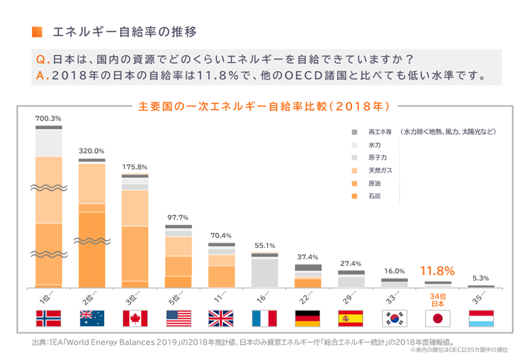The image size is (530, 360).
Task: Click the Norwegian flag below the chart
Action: coord(49,319)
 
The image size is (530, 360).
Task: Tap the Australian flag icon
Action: coord(92,319)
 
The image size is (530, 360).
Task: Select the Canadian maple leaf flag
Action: coord(135,319)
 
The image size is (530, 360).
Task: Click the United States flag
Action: coord(178,319)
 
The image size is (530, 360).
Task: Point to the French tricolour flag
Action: coord(264,319)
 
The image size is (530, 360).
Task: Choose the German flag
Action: coord(307,319)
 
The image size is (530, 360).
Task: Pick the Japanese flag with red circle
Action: coord(438,319)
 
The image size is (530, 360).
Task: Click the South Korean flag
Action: coord(395,319)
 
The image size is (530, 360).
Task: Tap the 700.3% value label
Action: coord(48,118)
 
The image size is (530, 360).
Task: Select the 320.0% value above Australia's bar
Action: coord(91,150)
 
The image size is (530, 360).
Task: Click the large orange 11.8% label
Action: coord(438,270)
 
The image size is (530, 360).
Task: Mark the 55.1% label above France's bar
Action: coord(264,245)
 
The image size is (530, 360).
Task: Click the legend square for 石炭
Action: coord(354,196)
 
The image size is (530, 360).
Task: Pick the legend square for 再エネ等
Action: coord(354,132)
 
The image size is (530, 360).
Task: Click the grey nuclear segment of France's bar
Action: coord(264,272)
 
